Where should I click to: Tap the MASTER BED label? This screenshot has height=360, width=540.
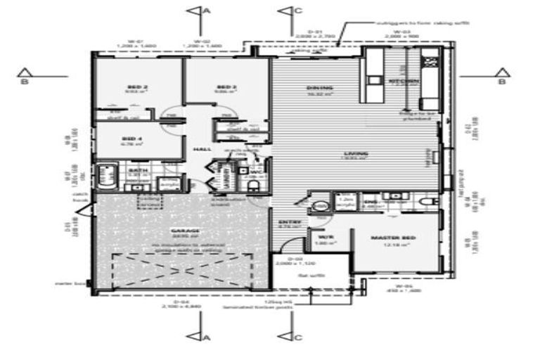click(393, 239)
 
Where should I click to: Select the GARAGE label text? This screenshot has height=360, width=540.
click(185, 231)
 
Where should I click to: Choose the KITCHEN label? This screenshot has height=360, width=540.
click(404, 82)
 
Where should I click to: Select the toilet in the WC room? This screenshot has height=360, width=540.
click(254, 183)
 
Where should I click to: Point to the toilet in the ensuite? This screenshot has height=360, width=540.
click(425, 202)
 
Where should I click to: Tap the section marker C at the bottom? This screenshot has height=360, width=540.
click(290, 336)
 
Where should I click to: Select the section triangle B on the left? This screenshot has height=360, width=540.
click(25, 74)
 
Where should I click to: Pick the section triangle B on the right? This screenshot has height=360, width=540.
click(501, 74)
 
